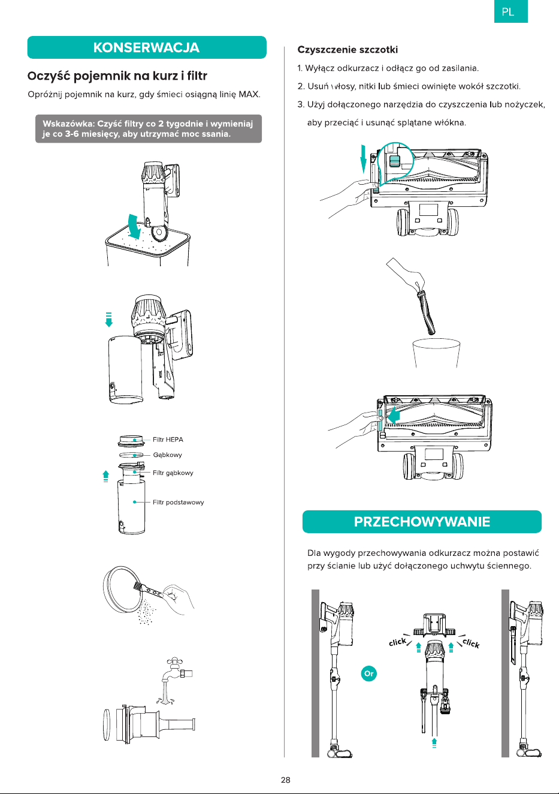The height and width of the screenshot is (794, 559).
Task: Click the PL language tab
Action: point(511,11)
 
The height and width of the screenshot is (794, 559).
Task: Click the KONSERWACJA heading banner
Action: point(147,47)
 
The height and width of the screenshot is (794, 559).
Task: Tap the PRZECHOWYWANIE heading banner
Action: point(422,521)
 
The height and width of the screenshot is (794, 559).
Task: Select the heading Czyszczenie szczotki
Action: point(348,50)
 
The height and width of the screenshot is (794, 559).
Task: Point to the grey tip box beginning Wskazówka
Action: point(149,129)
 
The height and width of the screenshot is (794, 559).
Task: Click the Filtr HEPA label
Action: point(168,440)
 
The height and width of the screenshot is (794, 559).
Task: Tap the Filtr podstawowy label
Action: point(178,502)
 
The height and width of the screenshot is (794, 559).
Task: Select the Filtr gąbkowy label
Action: point(173,473)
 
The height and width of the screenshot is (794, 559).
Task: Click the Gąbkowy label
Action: point(167,455)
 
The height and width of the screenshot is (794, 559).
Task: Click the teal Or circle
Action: point(368,673)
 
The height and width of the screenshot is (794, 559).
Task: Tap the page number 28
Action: point(286,780)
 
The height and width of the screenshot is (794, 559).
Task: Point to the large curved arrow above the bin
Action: point(135,227)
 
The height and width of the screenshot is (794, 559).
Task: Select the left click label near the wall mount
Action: point(398,642)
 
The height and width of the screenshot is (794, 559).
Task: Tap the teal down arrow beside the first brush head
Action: point(363,159)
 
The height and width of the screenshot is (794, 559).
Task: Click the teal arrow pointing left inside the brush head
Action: point(392,415)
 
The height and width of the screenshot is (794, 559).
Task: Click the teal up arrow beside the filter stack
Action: point(105,476)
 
